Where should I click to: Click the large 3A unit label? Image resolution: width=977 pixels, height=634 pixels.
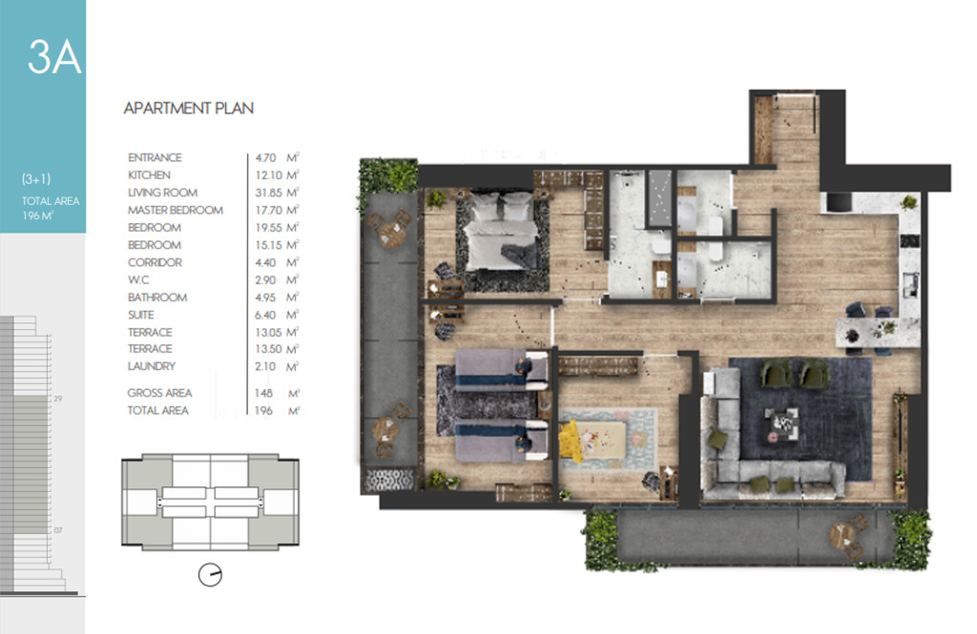click(54, 57)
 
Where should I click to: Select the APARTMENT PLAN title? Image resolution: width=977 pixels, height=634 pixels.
click(188, 109)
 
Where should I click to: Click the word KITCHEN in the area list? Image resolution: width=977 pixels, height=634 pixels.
click(149, 175)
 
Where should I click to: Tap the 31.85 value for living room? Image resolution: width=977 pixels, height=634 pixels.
click(268, 194)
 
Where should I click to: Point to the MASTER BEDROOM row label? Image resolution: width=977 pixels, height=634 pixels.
click(176, 211)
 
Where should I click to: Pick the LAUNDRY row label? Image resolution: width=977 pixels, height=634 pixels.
click(152, 366)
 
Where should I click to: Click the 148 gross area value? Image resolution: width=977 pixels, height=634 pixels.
click(263, 394)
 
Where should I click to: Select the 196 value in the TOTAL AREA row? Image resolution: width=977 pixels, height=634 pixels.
click(263, 410)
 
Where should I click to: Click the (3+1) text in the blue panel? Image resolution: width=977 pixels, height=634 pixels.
click(36, 179)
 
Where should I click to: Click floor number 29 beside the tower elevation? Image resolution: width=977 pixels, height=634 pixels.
click(58, 399)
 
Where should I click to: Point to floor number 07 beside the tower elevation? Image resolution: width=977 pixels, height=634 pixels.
click(58, 531)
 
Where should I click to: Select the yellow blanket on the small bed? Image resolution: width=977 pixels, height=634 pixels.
click(569, 440)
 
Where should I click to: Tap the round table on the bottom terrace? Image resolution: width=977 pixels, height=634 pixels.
click(842, 535)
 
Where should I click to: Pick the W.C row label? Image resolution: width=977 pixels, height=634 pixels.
click(138, 280)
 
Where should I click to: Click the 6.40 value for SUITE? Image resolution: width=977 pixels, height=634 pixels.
click(265, 316)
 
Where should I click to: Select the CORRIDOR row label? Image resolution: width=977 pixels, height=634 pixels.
click(155, 263)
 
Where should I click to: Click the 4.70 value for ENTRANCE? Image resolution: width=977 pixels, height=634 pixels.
click(265, 158)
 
